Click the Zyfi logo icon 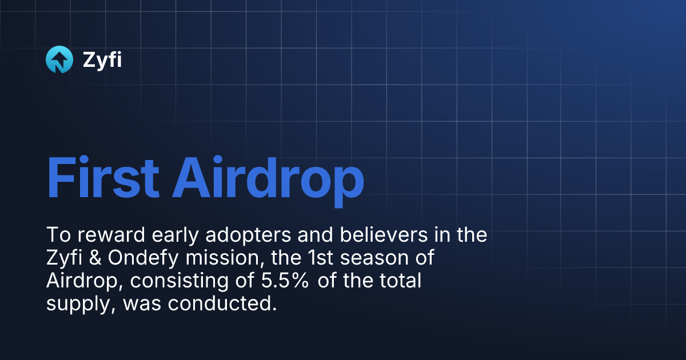[59, 59]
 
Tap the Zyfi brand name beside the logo [102, 59]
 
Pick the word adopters [245, 235]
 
